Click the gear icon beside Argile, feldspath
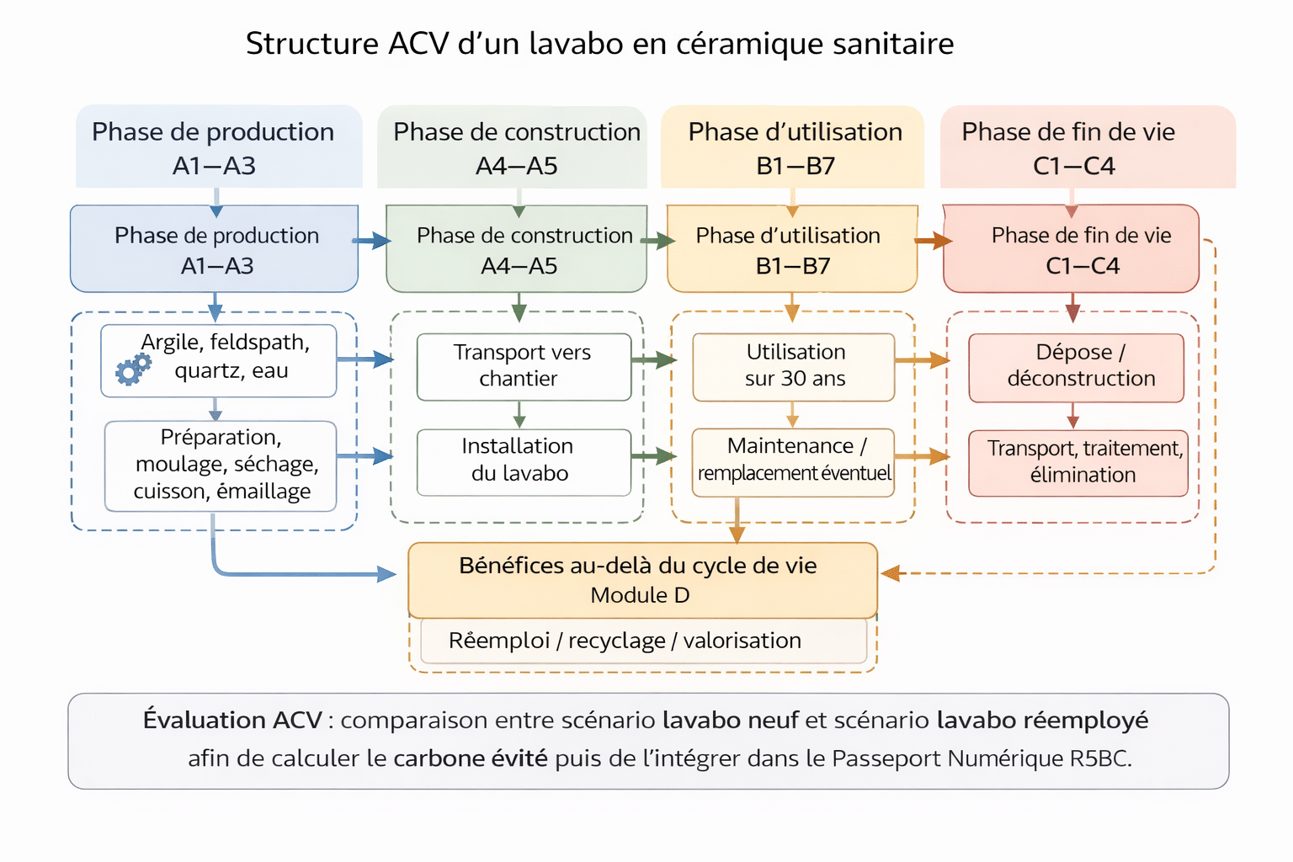pos(133,369)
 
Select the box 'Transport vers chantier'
pos(523,365)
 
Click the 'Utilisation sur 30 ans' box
pos(793,365)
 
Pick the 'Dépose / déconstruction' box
pos(1076,365)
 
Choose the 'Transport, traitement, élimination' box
pos(1077,461)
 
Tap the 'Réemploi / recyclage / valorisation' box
pos(643,641)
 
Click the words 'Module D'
pos(640,595)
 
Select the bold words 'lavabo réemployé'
pos(1042,721)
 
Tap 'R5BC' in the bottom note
pos(1099,758)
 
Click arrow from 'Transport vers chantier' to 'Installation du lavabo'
pos(519,415)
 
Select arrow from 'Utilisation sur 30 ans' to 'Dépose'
pos(923,361)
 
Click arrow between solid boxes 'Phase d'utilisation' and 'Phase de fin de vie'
pos(934,242)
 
